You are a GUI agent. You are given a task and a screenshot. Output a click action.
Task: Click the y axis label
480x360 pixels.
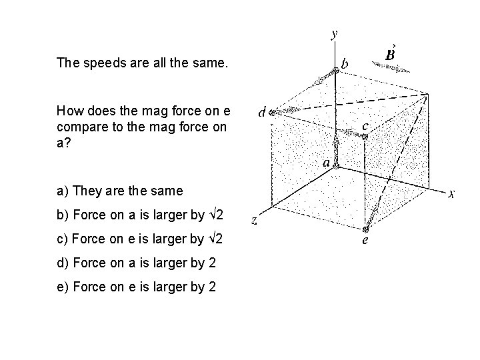(x=333, y=33)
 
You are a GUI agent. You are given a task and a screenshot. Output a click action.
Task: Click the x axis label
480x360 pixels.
(x=451, y=195)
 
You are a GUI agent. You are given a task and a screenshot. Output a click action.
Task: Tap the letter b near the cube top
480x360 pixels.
(x=344, y=64)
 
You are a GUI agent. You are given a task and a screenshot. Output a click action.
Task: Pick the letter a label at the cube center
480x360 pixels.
(x=326, y=162)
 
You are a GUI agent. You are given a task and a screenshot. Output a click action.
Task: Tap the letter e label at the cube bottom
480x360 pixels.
(x=365, y=241)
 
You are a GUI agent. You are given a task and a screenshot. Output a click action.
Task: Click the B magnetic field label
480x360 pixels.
(x=393, y=53)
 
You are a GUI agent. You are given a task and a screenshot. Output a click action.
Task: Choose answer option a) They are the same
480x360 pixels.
(x=119, y=191)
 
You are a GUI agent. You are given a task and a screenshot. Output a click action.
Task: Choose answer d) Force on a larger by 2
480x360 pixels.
(x=136, y=263)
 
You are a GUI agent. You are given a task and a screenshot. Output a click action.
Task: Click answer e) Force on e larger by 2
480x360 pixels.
(x=136, y=287)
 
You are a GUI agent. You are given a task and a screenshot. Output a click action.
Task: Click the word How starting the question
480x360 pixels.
(x=69, y=110)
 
